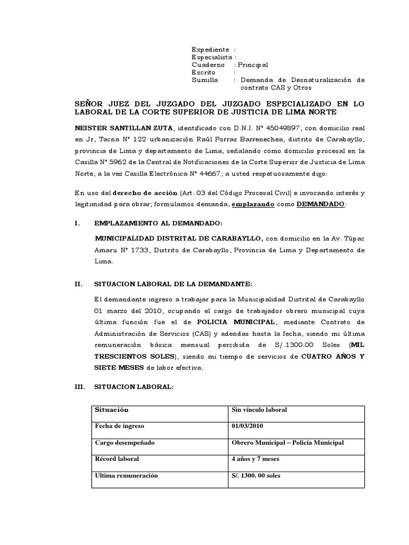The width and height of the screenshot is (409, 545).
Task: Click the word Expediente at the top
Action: (x=210, y=49)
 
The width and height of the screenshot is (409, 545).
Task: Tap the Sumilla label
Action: (x=204, y=80)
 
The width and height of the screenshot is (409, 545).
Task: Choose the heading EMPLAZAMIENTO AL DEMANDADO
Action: (x=152, y=224)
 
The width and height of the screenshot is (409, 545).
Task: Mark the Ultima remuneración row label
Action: (x=126, y=476)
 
